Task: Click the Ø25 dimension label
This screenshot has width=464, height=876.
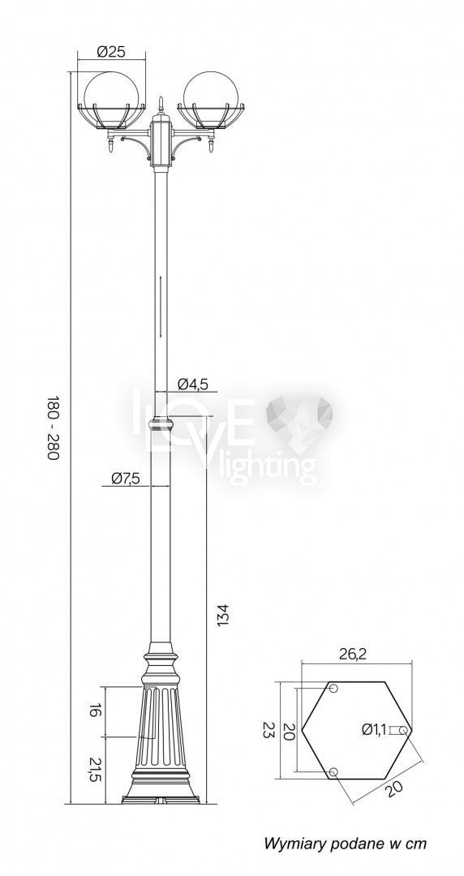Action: tap(110, 52)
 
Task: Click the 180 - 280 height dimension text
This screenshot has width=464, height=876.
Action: tap(52, 428)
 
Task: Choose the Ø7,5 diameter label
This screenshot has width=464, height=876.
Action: tap(126, 479)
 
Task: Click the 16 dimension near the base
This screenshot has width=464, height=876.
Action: tap(95, 711)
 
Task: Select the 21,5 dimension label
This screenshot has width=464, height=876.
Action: tap(95, 770)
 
